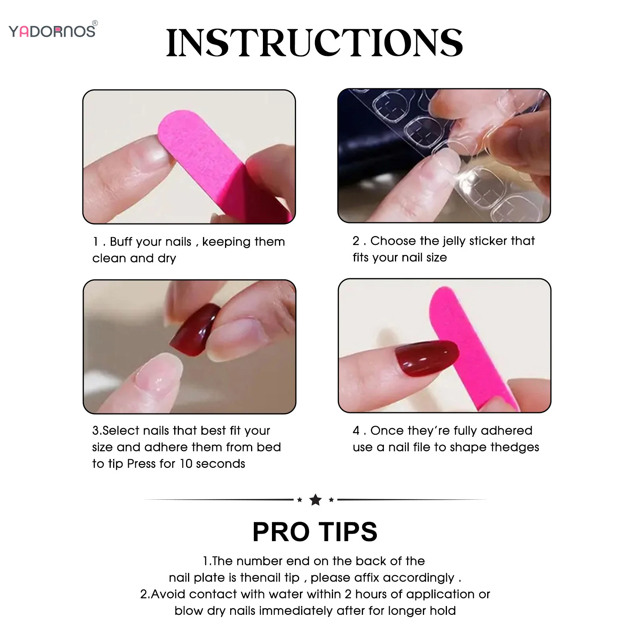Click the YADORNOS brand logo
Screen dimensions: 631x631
tap(52, 31)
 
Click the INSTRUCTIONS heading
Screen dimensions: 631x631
tap(314, 43)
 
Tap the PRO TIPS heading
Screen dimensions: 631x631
tap(315, 532)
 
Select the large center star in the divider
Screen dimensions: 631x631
tap(315, 500)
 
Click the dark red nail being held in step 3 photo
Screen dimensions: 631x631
tap(195, 329)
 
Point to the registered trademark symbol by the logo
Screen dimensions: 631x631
tap(95, 23)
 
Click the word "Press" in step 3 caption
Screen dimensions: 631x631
tap(141, 464)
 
